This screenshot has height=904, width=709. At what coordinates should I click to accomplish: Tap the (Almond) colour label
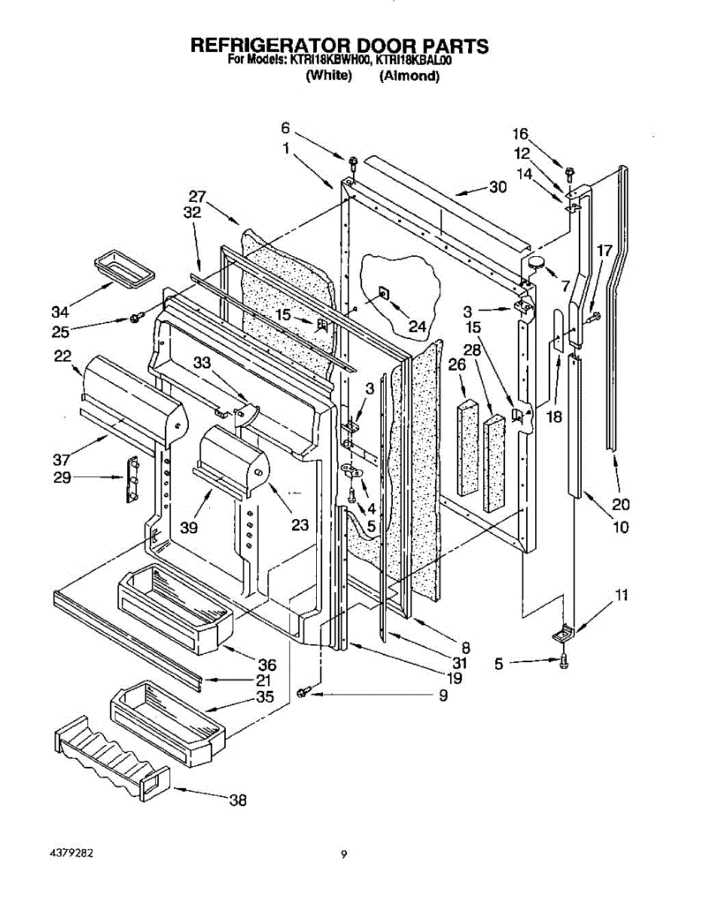point(409,76)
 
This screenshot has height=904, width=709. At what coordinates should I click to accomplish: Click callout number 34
point(60,312)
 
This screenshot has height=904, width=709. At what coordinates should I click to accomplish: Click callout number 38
point(238,800)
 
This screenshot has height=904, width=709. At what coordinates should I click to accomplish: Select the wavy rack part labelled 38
point(112,759)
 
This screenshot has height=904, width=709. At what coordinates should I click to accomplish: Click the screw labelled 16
point(569,174)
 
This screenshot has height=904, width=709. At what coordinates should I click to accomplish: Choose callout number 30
point(498,188)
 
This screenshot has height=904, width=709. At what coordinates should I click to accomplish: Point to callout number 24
point(417,327)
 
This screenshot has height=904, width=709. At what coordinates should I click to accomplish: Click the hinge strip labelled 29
point(132,479)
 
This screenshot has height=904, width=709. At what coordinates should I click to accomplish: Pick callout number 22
point(62,356)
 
